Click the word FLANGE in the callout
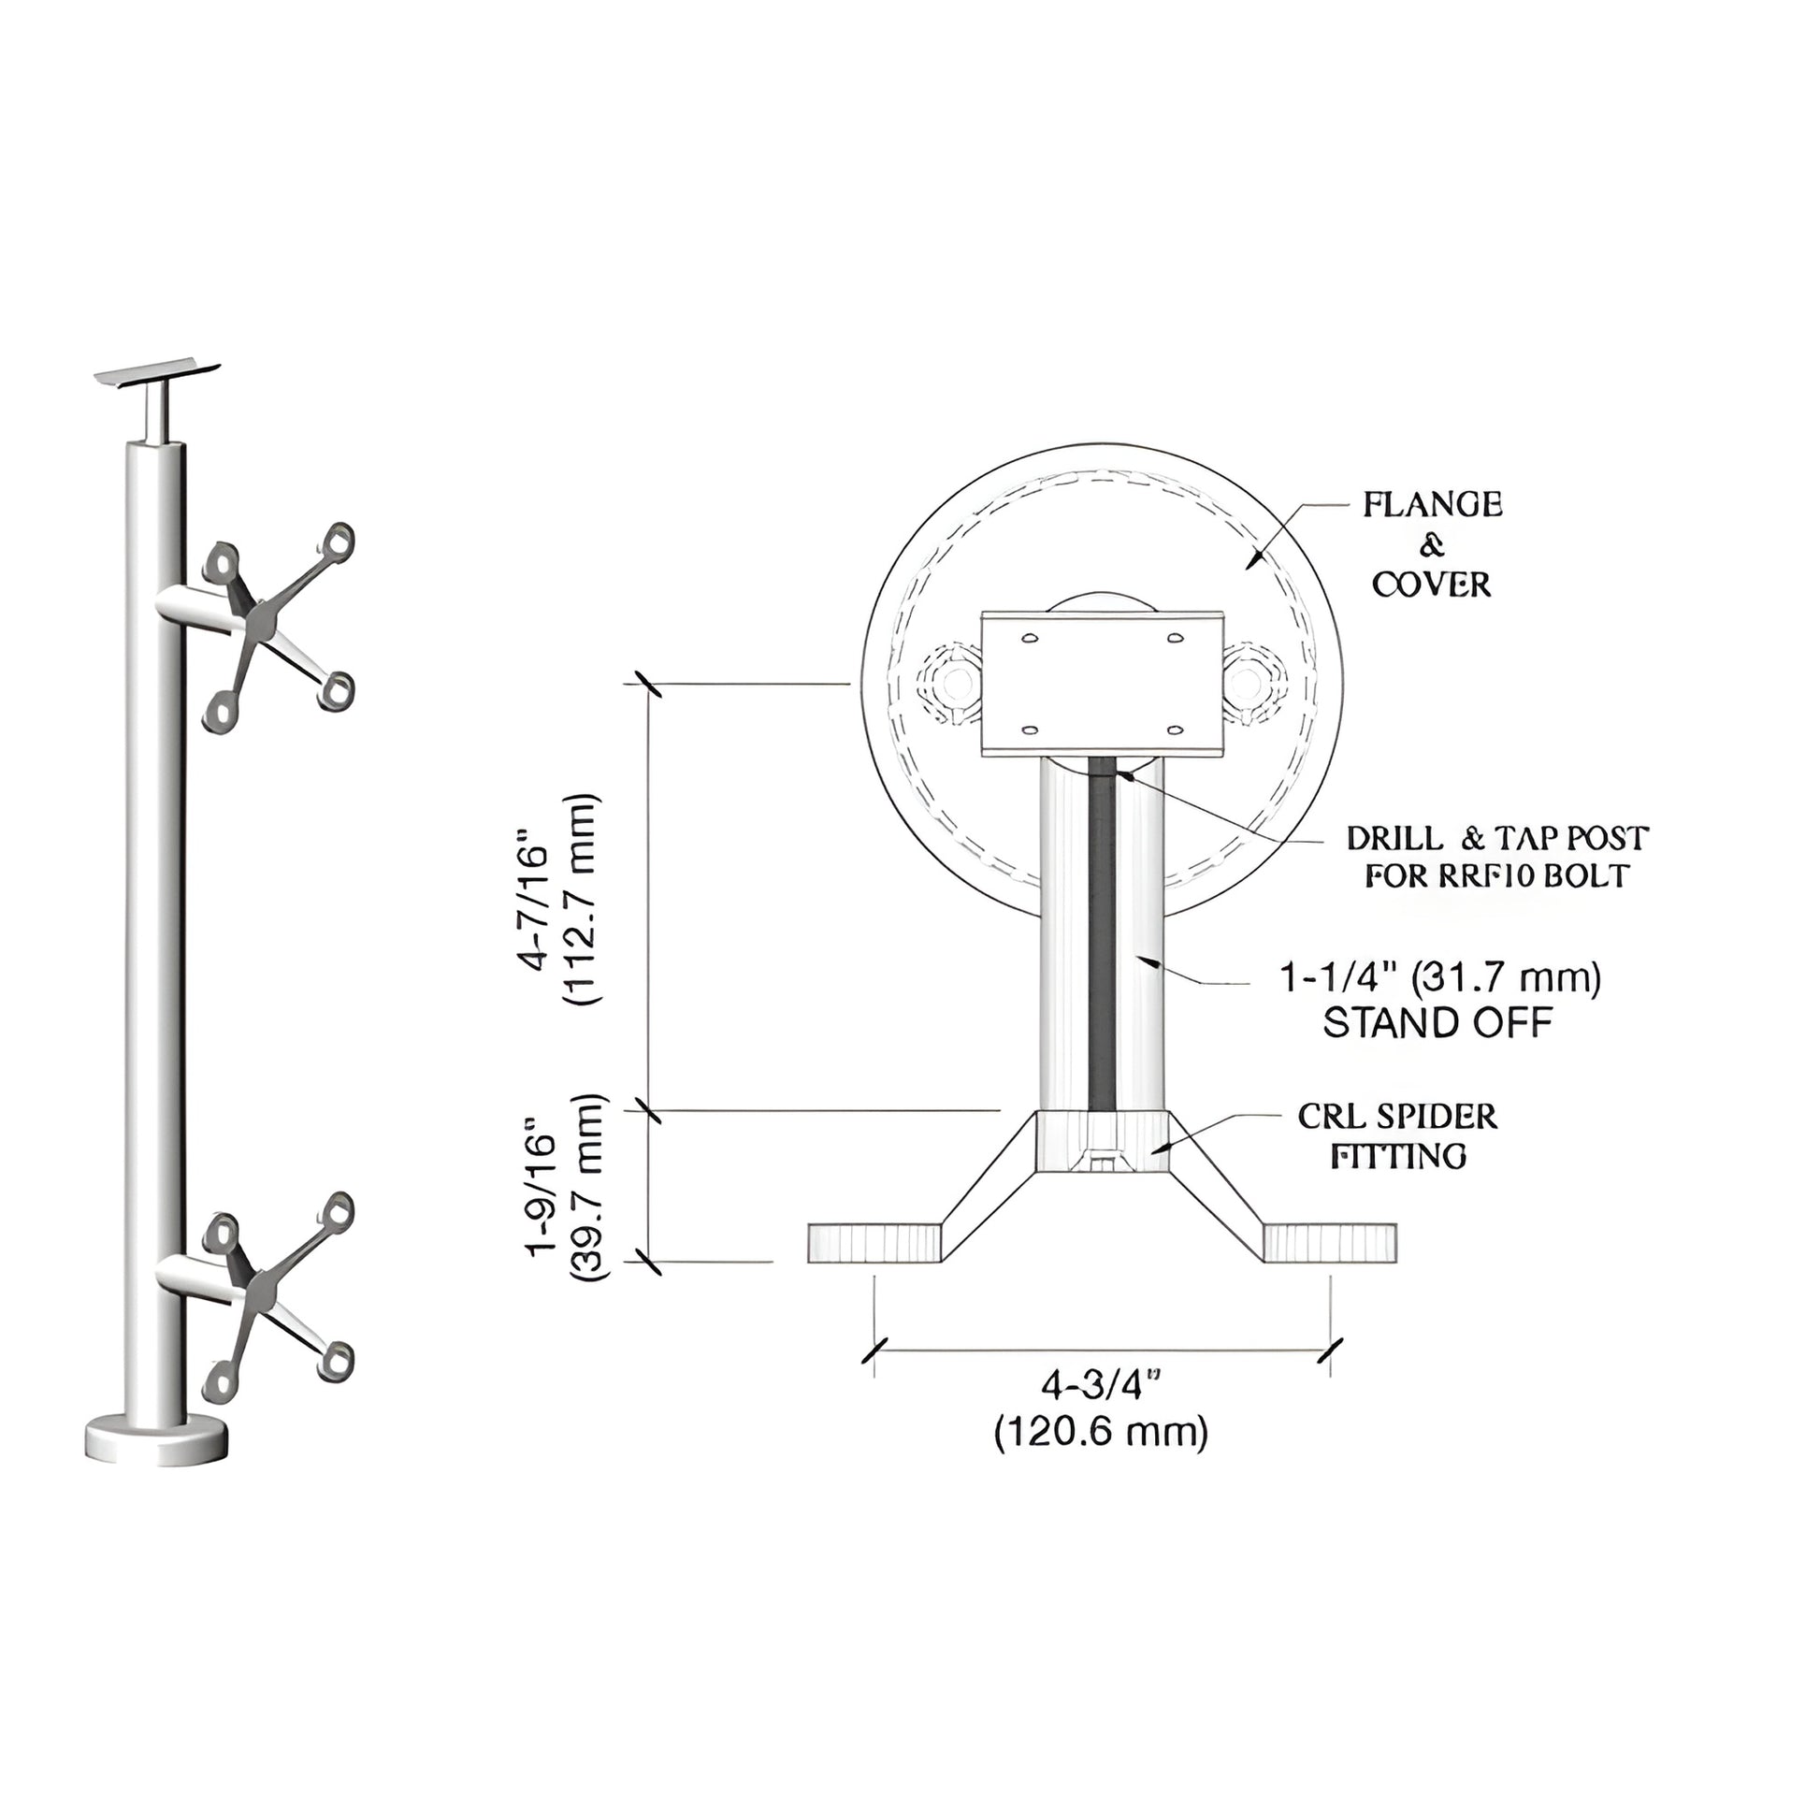[x=1432, y=505]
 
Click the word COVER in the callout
[x=1431, y=585]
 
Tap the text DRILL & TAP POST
[x=1497, y=837]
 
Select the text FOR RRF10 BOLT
[x=1497, y=876]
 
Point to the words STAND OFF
[x=1437, y=1023]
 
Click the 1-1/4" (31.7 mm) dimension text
[x=1439, y=978]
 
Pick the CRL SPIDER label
[x=1397, y=1118]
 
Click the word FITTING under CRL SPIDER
[x=1398, y=1156]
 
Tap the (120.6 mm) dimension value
[x=1100, y=1432]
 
